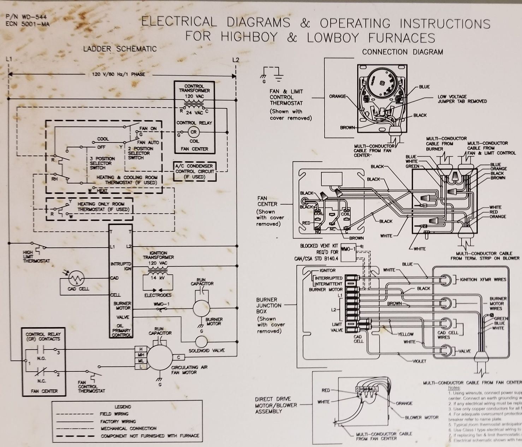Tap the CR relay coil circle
(x=194, y=132)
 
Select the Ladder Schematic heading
(x=120, y=49)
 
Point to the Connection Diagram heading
(x=402, y=52)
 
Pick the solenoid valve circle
(x=203, y=342)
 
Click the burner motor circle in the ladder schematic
(x=201, y=308)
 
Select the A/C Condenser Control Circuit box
(x=195, y=171)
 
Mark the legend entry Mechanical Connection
(x=123, y=428)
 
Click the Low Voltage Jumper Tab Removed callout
(x=462, y=99)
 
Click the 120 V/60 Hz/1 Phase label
(x=119, y=75)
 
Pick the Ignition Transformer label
(x=158, y=255)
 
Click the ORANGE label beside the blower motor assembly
(x=404, y=403)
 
